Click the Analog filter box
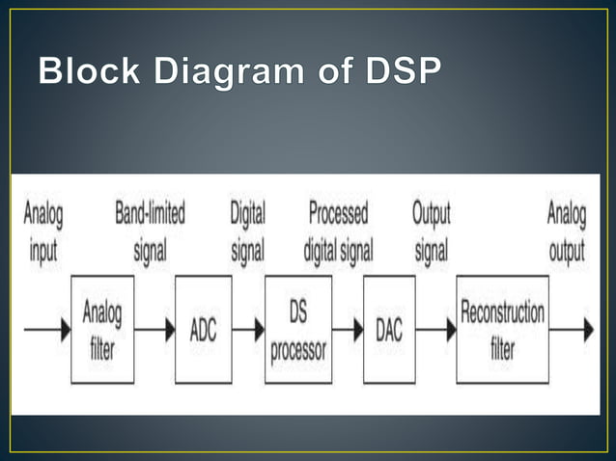(102, 329)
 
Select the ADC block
(203, 329)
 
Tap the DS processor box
(298, 329)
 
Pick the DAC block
(389, 329)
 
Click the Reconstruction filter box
(502, 329)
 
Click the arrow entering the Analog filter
(47, 329)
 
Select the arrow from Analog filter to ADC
(154, 329)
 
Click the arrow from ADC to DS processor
(248, 329)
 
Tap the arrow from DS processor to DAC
(348, 329)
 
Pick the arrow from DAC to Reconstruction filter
(435, 329)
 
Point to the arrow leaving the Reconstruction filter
(572, 329)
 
